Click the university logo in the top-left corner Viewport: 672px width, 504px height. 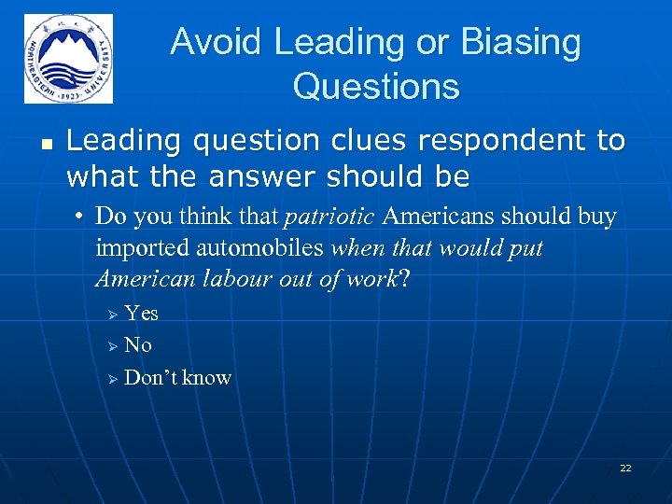(68, 58)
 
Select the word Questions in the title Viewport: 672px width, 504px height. (375, 87)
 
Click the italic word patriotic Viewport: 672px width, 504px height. (329, 217)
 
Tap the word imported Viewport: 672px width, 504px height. (140, 248)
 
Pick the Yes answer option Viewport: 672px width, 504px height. (141, 314)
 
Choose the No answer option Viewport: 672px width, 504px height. (137, 345)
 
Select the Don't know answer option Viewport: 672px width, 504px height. (177, 377)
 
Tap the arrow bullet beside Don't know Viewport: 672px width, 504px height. (112, 378)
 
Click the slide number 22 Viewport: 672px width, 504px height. (625, 468)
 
